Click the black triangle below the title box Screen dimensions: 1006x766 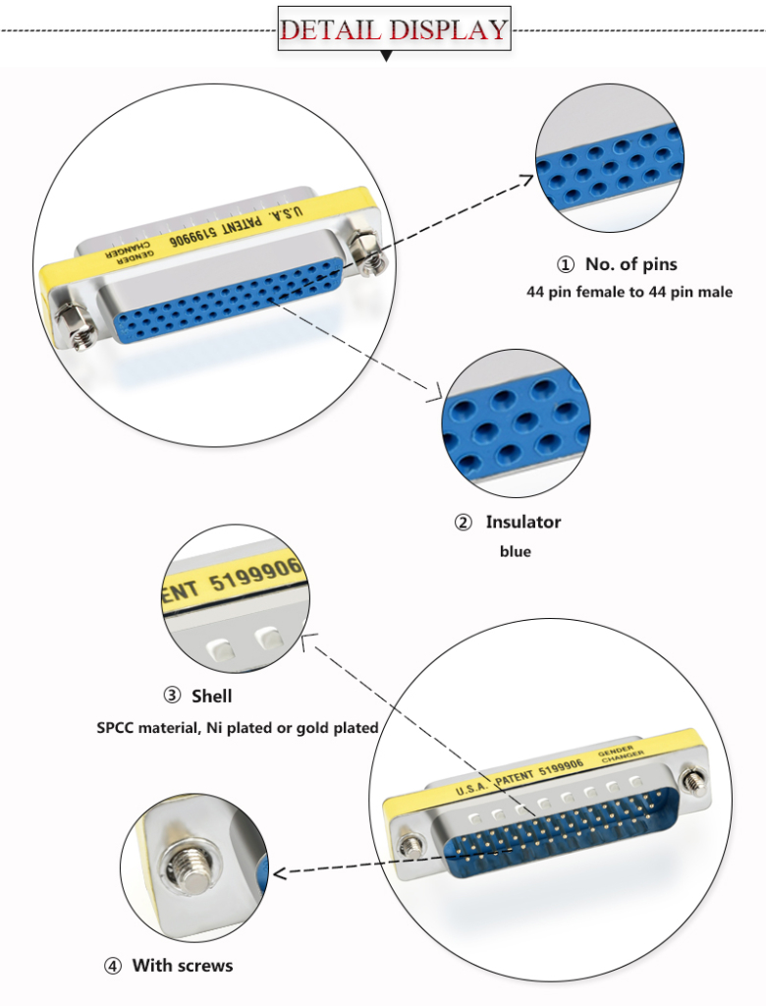(386, 58)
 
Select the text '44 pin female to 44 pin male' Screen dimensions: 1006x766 (629, 292)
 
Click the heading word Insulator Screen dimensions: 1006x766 (522, 522)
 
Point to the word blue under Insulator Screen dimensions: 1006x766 (515, 551)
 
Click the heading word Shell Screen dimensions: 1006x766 (211, 696)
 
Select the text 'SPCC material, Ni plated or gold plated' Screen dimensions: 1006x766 (238, 728)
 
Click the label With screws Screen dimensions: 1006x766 (183, 966)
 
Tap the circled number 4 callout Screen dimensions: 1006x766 (113, 966)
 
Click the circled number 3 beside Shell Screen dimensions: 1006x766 (172, 696)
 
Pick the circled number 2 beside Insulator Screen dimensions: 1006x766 (464, 522)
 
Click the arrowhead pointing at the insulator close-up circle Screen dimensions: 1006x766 (432, 397)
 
